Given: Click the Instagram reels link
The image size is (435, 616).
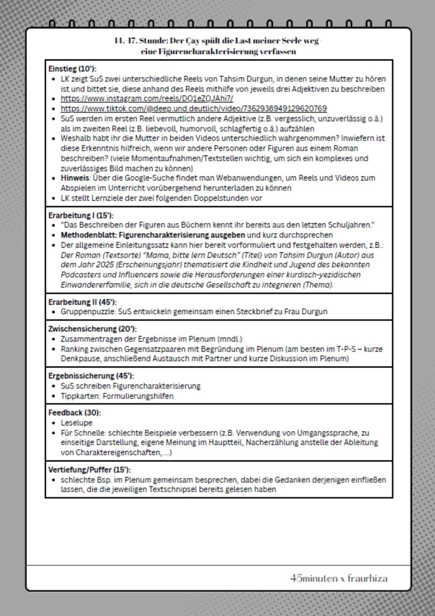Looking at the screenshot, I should [x=147, y=99].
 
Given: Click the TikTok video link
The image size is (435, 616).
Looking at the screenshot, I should [x=194, y=109].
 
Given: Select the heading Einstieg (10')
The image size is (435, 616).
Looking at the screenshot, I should [x=72, y=69].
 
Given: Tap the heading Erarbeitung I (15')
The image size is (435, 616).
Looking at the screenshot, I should [x=81, y=215].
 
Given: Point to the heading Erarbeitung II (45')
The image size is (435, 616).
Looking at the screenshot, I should [x=82, y=302].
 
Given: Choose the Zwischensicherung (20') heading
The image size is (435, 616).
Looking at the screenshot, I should [x=92, y=329].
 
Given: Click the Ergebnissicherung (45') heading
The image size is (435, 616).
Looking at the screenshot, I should [x=91, y=376].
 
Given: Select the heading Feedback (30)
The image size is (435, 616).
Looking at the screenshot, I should [x=74, y=413].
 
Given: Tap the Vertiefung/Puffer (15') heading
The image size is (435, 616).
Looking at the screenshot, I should [x=89, y=470].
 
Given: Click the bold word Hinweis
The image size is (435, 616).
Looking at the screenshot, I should [x=75, y=178].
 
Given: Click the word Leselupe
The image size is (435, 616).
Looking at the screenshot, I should [x=76, y=423].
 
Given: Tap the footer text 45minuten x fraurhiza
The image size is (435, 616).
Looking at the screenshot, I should [x=339, y=578].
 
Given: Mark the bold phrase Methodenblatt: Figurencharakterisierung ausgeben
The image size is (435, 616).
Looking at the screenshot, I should [x=153, y=235].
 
